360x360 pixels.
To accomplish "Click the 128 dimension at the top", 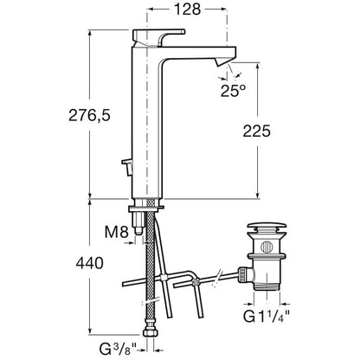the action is [x=187, y=9].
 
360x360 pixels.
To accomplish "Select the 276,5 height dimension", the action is [x=89, y=116].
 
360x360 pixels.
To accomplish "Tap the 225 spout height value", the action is [x=256, y=131].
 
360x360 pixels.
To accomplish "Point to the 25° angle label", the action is [x=233, y=91].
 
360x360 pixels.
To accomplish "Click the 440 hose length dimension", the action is [x=89, y=263].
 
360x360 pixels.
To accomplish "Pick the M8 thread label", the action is [x=116, y=232].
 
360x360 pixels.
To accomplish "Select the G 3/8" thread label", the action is [x=118, y=349].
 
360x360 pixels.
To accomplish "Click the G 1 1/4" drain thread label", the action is [x=267, y=317].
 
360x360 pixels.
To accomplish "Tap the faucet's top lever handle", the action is [x=158, y=36].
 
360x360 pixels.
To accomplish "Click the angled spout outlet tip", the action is [x=223, y=61].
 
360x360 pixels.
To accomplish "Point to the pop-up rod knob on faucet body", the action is [x=127, y=166].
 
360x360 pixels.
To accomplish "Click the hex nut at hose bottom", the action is [x=151, y=332].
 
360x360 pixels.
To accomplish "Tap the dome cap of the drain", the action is [x=267, y=227].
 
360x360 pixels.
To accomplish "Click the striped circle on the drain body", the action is [x=266, y=247].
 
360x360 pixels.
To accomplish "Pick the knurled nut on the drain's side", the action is [x=241, y=275].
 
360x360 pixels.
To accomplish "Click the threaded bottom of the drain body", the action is [x=267, y=286].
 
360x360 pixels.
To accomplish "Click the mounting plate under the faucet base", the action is [x=146, y=208].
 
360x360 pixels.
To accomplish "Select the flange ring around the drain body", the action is [x=267, y=256].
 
